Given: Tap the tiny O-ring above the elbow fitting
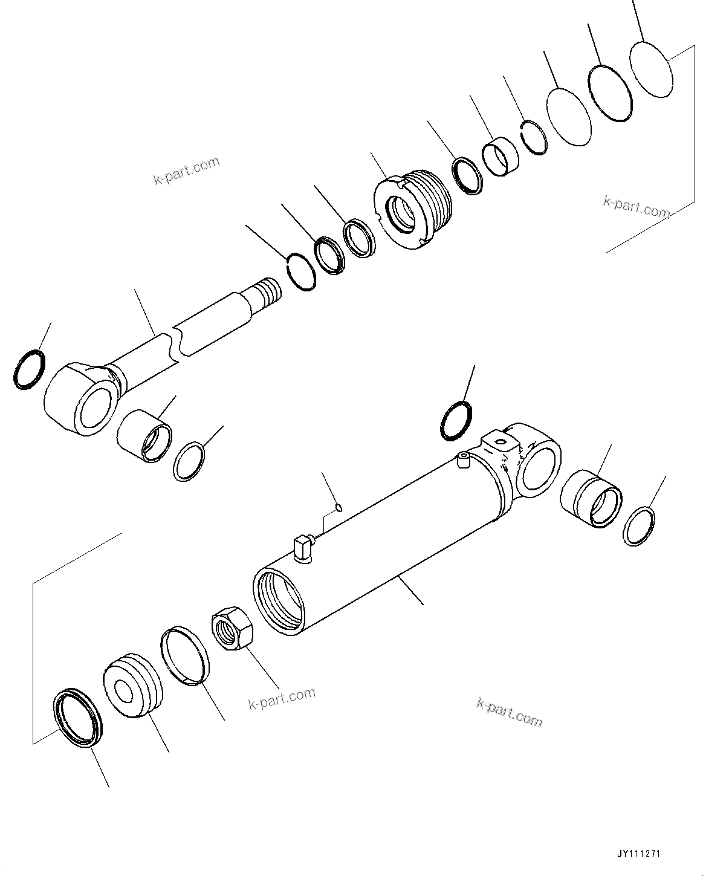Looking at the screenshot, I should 340,507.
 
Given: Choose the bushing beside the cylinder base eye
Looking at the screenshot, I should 591,498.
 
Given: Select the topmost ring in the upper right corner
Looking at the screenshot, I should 651,68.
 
